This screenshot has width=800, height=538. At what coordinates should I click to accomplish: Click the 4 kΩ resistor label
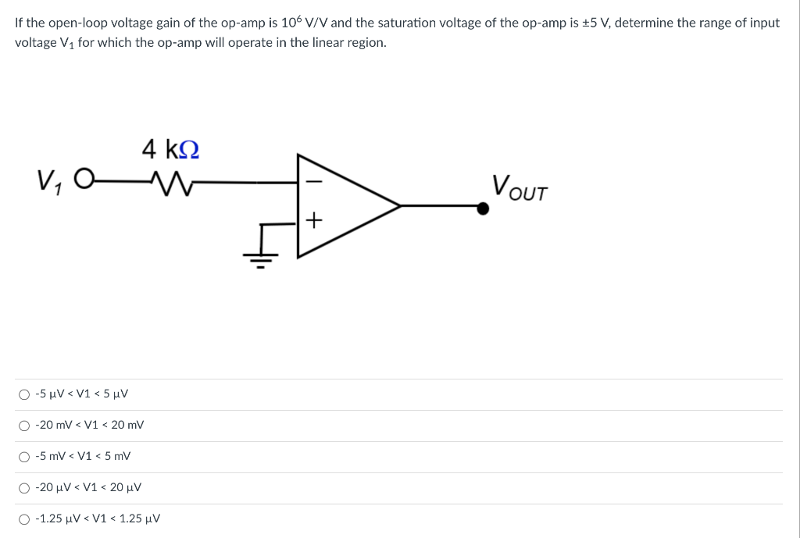170,148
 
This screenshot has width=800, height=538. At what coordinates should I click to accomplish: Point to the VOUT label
520,187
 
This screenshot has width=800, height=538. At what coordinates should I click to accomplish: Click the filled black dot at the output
484,208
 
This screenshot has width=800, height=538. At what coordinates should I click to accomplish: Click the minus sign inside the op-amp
313,181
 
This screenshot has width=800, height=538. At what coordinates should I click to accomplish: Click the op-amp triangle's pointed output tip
400,205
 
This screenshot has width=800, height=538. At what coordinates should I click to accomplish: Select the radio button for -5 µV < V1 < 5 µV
25,394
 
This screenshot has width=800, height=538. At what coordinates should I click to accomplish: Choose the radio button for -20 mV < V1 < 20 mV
25,426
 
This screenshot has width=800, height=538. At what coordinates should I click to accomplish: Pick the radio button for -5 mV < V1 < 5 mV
25,457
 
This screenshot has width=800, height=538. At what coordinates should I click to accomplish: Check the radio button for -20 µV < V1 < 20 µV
25,488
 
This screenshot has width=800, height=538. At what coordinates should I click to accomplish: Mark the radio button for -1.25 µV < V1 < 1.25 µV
25,519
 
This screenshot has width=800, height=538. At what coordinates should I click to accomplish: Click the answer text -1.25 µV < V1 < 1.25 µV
98,518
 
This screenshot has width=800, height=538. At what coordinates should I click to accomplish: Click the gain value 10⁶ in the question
302,22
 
